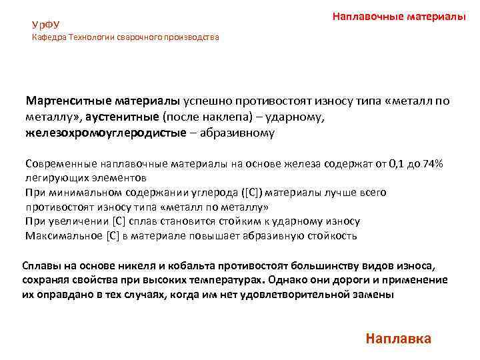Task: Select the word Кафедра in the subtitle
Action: (x=47, y=37)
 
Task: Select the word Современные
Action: (x=63, y=163)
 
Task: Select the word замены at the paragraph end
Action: (x=375, y=294)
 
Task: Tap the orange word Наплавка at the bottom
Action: (x=399, y=338)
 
